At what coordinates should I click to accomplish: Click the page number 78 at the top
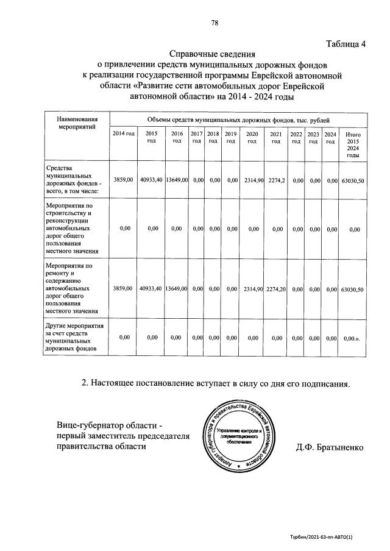(214, 24)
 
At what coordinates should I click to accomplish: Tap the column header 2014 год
(124, 133)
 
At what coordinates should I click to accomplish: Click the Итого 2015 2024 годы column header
(353, 144)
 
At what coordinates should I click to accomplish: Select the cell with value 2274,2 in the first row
(275, 180)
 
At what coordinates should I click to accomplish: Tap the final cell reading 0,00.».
(353, 337)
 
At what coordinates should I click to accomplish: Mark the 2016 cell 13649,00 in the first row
(176, 180)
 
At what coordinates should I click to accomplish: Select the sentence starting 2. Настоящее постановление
(216, 383)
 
